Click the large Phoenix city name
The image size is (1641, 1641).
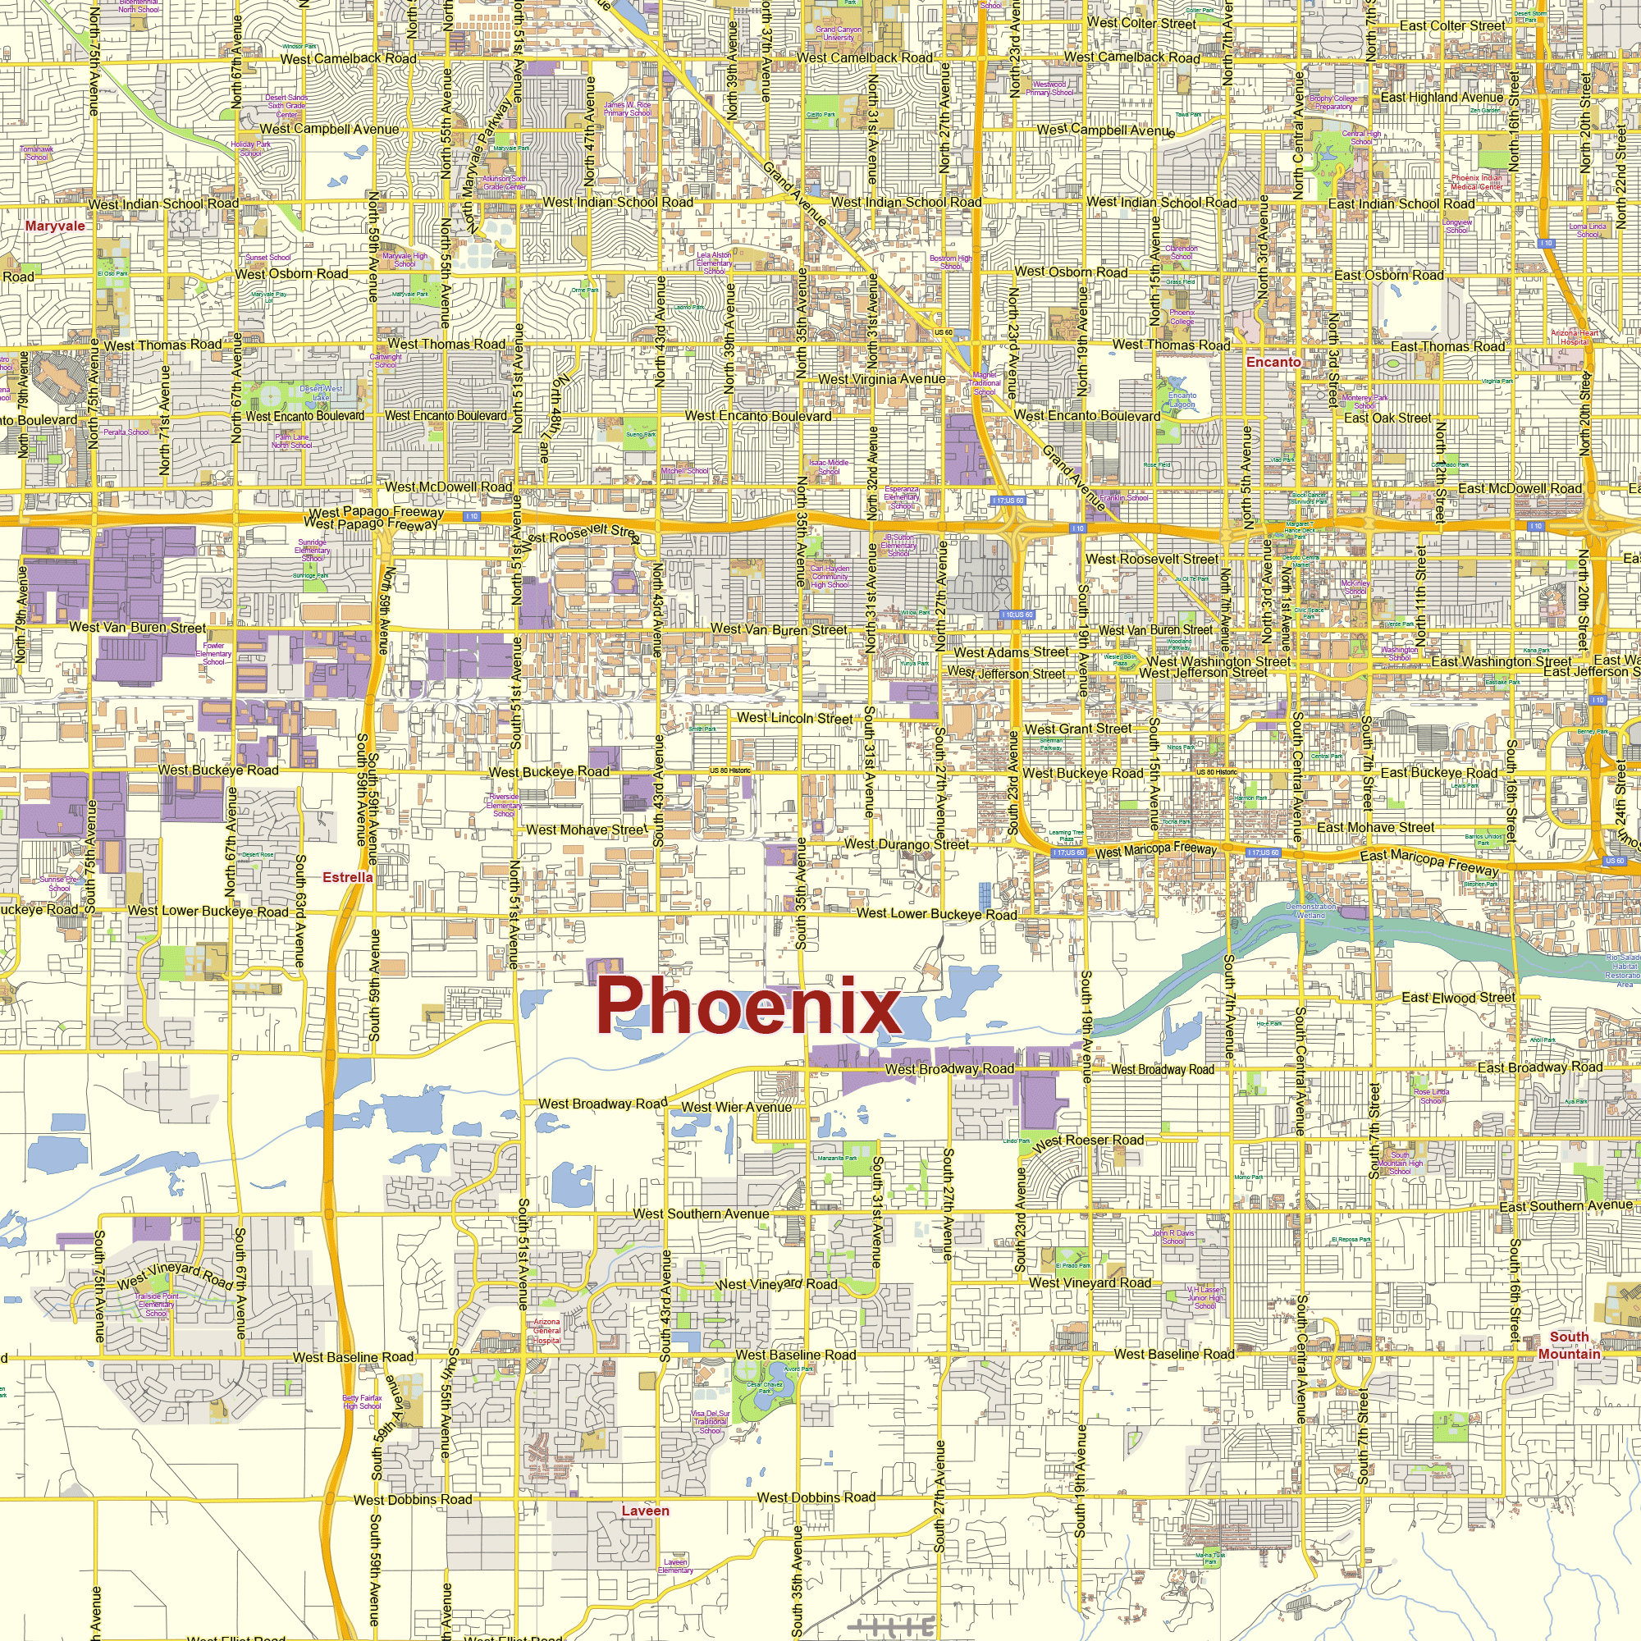(747, 1005)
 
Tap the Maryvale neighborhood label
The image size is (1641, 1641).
(55, 226)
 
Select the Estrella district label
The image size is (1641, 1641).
(347, 877)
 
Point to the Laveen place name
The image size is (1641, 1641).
(646, 1511)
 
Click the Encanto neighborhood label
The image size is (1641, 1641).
(1273, 362)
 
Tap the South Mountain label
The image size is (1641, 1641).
(1569, 1346)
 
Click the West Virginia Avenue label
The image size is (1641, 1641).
(882, 379)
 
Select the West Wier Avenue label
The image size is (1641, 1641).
(737, 1107)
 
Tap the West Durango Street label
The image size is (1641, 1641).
(906, 844)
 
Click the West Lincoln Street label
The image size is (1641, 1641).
(794, 718)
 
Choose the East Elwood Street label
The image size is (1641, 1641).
(1457, 997)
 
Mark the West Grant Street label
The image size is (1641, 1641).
(1078, 729)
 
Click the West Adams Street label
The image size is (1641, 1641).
(1011, 652)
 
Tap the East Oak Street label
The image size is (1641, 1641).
(1387, 418)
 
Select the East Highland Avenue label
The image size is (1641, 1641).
(1442, 97)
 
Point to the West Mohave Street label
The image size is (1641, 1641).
(587, 830)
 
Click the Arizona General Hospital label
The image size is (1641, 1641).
(547, 1331)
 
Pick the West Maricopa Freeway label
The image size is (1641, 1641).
(1156, 850)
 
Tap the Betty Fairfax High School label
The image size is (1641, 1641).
(362, 1401)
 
